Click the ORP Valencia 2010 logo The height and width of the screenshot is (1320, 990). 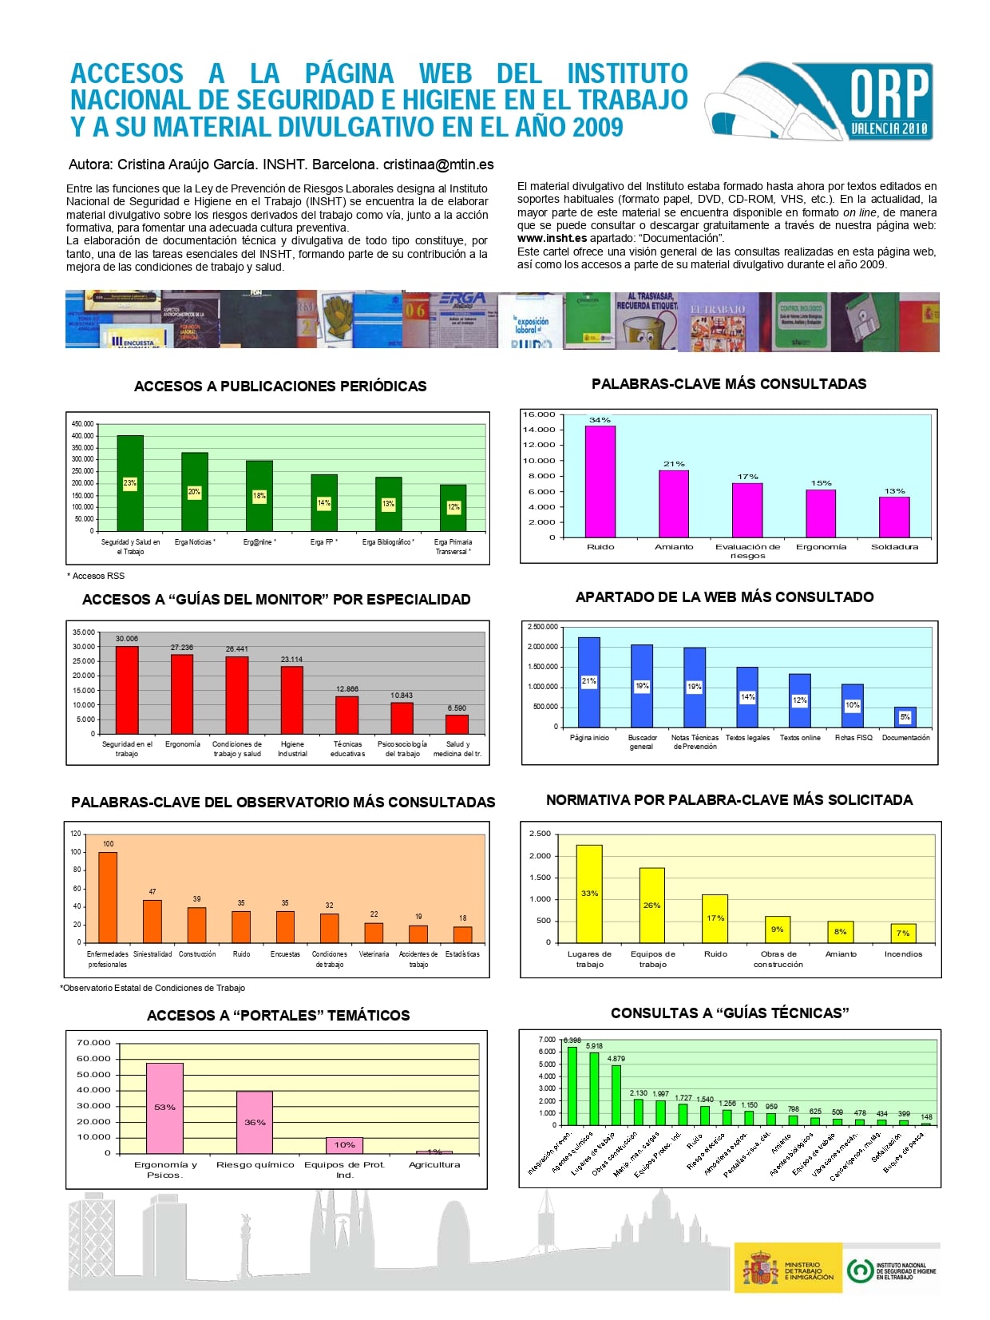coord(819,102)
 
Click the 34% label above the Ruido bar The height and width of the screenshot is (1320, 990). coord(600,419)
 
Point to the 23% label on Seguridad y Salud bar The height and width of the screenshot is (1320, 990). coord(130,483)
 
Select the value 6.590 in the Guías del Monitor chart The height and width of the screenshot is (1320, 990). coord(457,708)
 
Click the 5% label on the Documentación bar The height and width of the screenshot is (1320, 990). coord(905,716)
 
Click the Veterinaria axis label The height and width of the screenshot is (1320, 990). coord(374,954)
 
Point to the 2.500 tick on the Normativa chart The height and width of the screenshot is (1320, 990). coord(540,834)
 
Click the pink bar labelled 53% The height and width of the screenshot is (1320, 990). coord(164,1108)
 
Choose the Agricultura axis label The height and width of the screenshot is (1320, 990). coord(434,1164)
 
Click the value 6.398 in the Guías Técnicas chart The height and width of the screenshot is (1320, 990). coord(572,1041)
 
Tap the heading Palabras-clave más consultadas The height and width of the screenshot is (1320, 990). coord(728,384)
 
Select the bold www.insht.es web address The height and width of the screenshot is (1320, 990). coord(552,238)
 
